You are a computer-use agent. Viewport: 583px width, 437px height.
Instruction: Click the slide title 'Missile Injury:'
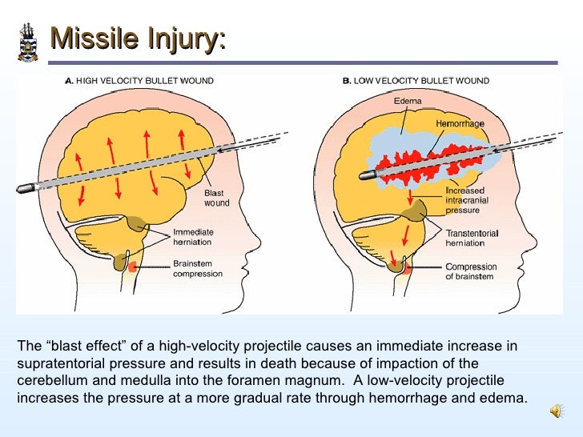click(137, 38)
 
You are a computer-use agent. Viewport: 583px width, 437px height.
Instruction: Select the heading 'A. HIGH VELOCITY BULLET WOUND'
click(139, 81)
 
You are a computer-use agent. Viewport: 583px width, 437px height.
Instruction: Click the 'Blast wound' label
click(216, 198)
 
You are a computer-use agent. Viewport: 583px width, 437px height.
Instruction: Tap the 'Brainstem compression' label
click(198, 268)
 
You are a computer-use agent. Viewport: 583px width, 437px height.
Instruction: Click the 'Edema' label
click(408, 102)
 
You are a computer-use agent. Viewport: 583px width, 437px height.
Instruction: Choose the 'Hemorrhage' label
click(460, 124)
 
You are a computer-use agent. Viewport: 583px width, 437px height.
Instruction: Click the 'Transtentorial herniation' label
click(472, 238)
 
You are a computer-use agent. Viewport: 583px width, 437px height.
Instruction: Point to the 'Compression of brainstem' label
click(471, 271)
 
